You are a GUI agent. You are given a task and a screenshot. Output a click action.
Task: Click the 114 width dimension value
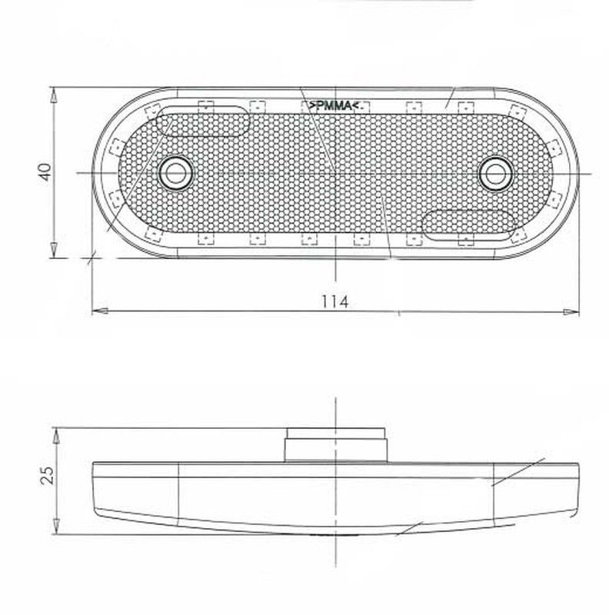tap(334, 301)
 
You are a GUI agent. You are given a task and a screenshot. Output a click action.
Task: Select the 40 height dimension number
tap(45, 171)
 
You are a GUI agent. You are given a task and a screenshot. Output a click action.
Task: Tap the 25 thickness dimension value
tap(48, 474)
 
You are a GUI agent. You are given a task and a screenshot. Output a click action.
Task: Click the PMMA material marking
tap(334, 105)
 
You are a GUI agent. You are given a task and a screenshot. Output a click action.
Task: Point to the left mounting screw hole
tap(175, 173)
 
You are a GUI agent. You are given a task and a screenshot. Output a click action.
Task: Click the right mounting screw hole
tap(495, 174)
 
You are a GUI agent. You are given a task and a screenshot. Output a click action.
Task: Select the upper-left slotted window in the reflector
tap(202, 121)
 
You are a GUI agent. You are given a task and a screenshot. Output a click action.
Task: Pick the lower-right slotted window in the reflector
tap(469, 225)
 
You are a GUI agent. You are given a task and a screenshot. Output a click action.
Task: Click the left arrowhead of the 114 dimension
tap(100, 311)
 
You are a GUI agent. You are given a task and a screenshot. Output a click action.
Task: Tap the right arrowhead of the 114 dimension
tap(571, 312)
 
